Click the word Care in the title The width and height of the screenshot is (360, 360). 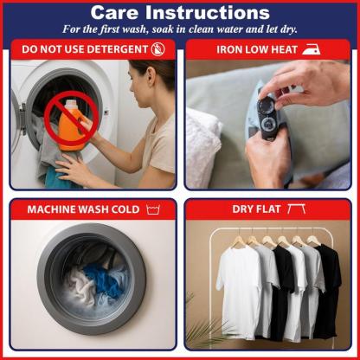[x=115, y=13]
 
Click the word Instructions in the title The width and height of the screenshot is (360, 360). [x=208, y=13]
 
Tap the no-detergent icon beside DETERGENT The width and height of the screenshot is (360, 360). [x=158, y=49]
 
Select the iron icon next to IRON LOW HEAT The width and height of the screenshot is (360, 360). [x=311, y=49]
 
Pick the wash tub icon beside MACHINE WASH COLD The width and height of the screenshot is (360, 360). [x=153, y=209]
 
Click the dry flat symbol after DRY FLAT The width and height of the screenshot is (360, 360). [x=296, y=209]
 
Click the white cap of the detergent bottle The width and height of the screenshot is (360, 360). [x=71, y=105]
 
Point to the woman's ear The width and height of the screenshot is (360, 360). [x=151, y=77]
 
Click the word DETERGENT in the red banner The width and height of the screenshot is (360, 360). [x=118, y=49]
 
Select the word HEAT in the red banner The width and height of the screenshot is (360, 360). [x=284, y=49]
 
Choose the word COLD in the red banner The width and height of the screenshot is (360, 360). [x=125, y=209]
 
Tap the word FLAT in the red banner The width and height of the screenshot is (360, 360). [x=267, y=209]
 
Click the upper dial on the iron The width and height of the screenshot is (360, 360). [x=266, y=104]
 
